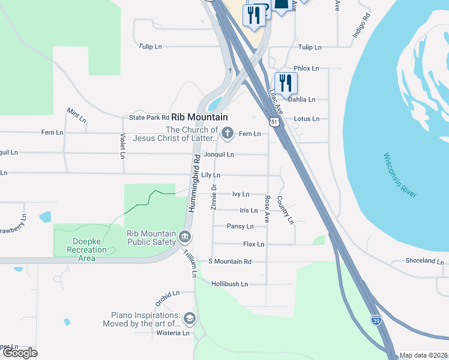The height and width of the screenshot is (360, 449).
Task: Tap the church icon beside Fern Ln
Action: point(227,133)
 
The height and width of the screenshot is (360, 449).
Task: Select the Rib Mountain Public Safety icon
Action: point(185,239)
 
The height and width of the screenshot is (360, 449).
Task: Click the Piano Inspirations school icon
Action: point(190,318)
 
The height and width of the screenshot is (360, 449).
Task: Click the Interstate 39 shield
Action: point(376,319)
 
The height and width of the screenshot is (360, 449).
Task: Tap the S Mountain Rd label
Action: point(229,262)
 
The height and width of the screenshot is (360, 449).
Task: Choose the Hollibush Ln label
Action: point(229,284)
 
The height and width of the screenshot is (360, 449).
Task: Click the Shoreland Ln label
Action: point(424,262)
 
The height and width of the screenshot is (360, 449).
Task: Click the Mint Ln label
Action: point(76,115)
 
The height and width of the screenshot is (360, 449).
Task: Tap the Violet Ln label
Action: point(122,146)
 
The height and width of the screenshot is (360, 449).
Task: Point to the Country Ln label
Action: point(286,209)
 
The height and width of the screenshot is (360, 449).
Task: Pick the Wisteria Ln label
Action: point(173,333)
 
